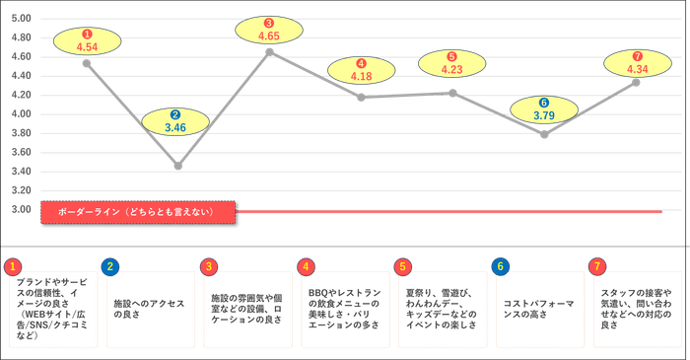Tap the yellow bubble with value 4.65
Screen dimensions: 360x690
coord(270,30)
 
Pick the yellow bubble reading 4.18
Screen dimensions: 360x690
coord(362,70)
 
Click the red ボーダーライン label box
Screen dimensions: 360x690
coord(137,212)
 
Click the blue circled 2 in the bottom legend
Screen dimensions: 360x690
coord(111,266)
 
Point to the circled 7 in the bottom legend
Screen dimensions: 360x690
coord(597,266)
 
